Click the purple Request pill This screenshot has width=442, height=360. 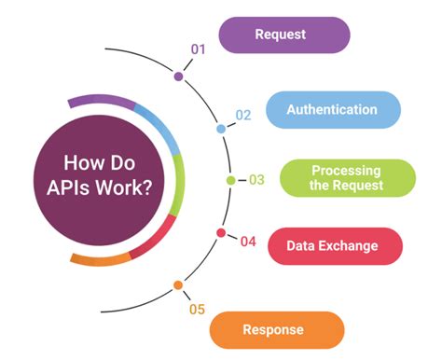click(283, 35)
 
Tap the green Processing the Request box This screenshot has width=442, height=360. click(347, 178)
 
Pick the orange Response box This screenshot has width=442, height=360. click(277, 329)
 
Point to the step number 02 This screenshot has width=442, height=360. click(242, 116)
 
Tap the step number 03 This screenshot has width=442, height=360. click(256, 179)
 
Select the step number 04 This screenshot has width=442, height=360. click(247, 242)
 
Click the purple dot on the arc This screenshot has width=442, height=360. click(178, 76)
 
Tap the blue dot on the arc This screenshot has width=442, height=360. click(221, 129)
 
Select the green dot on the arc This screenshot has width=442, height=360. click(230, 180)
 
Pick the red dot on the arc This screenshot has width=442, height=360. click(221, 233)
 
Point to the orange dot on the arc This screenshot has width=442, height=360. click(177, 285)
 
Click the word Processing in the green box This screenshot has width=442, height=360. click(347, 170)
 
